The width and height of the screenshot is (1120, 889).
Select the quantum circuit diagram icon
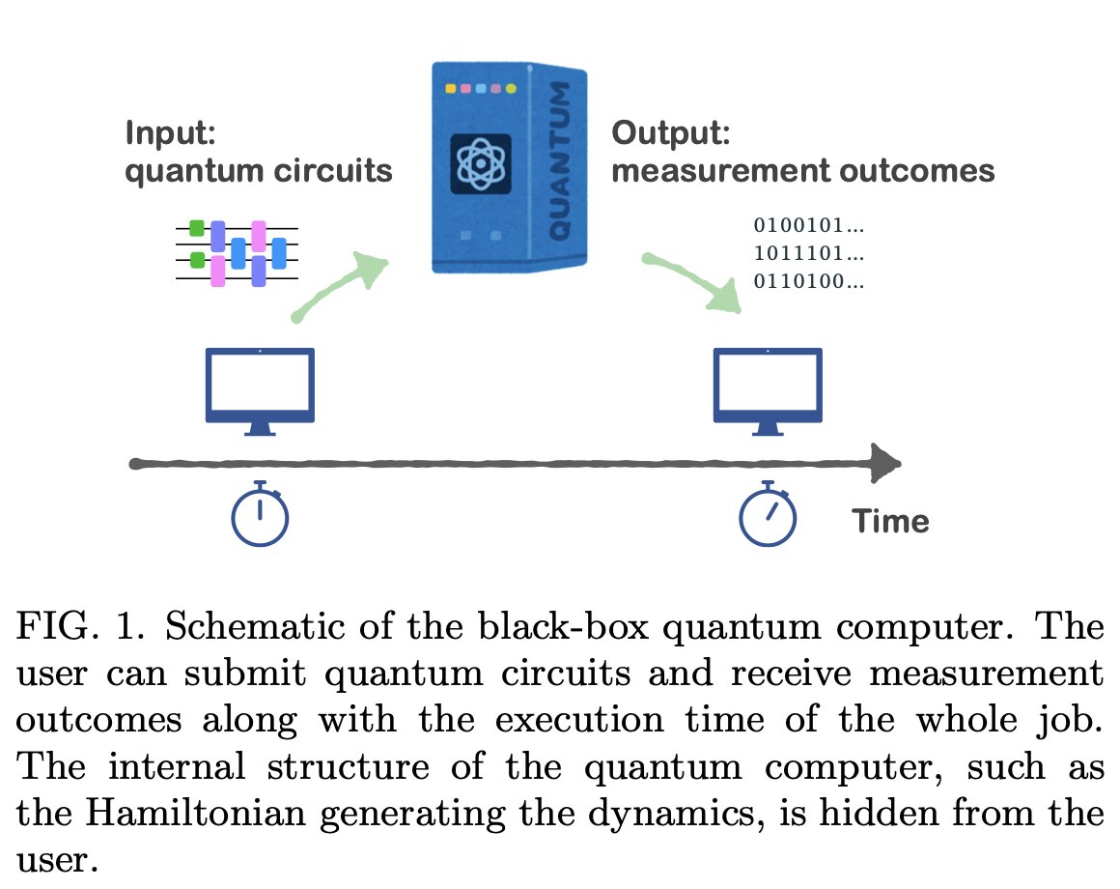[x=237, y=252]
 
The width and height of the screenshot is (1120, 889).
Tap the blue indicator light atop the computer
[x=480, y=89]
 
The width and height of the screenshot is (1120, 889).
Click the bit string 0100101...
[x=807, y=226]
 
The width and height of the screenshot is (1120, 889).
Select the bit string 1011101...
[x=807, y=254]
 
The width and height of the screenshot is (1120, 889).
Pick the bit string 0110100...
[x=807, y=282]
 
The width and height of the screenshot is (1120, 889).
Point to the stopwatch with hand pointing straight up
[x=260, y=514]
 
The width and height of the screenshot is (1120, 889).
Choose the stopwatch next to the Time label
[x=768, y=514]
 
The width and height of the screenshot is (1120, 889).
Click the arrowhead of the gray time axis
[x=883, y=463]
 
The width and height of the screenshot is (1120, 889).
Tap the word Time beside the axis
[x=889, y=522]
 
